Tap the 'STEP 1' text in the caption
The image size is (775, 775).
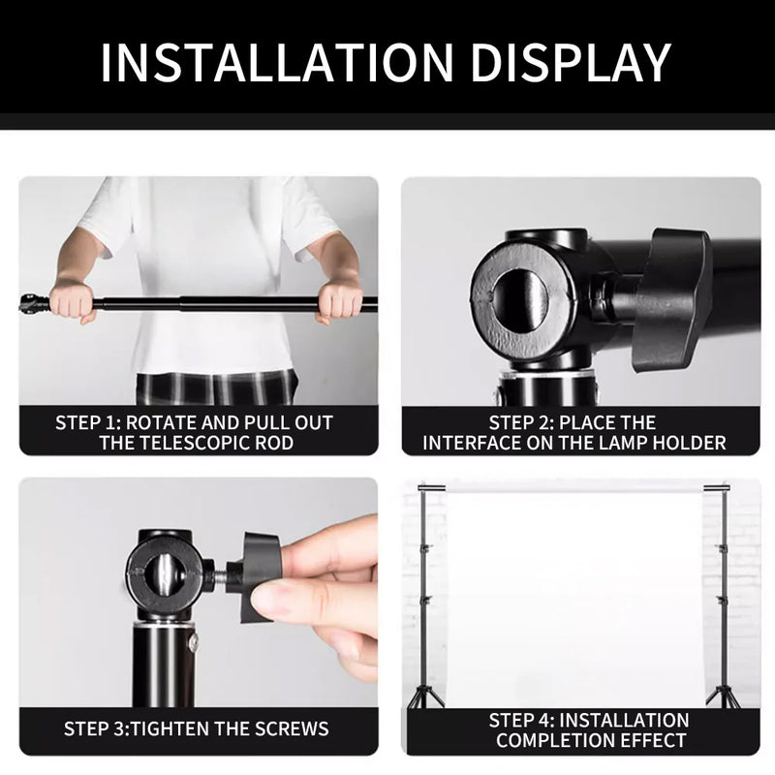[88, 423]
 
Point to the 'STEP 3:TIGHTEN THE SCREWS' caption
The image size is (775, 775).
[197, 728]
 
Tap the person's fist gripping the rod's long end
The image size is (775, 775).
[338, 301]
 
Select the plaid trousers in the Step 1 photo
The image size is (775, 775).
[214, 388]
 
